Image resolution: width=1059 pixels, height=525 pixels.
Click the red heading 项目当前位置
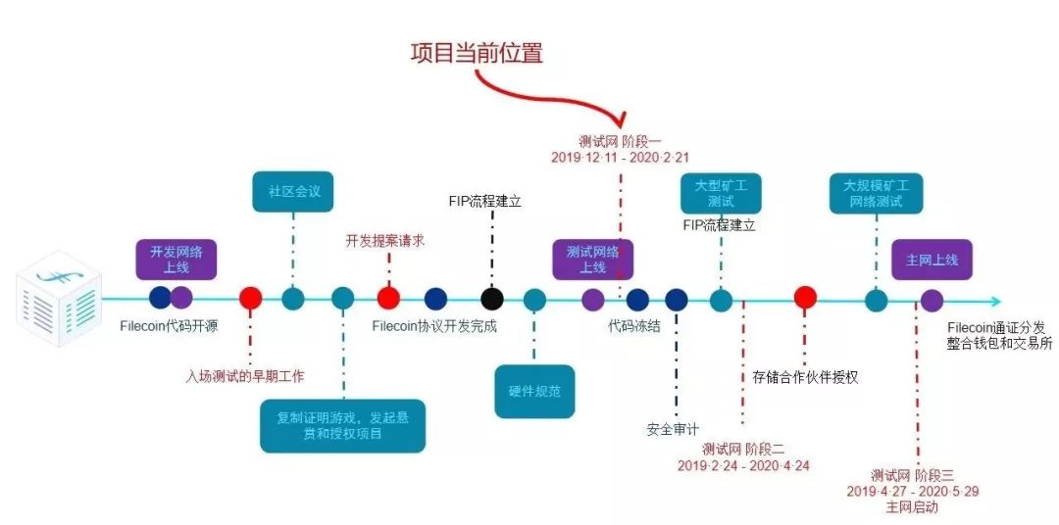coord(476,53)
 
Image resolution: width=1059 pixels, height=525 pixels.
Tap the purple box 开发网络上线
coord(176,259)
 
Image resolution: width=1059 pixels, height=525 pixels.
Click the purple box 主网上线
coord(931,261)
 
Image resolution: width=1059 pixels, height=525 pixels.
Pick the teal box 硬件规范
coord(533,392)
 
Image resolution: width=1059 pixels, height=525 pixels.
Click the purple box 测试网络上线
coord(592,260)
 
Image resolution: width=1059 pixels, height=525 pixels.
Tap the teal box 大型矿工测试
coord(721,193)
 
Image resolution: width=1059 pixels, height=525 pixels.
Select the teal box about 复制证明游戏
coord(342,425)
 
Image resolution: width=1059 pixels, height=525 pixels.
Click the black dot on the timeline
coord(492,299)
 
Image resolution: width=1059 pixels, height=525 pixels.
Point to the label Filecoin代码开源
coord(169,327)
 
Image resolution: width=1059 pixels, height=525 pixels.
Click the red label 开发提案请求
coord(384,240)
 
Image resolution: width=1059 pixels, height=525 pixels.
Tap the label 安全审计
coord(673,428)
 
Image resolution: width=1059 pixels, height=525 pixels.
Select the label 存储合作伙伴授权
coord(805,376)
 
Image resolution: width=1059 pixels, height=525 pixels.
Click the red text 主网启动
coord(911,507)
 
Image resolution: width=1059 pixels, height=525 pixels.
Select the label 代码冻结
coord(633,327)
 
